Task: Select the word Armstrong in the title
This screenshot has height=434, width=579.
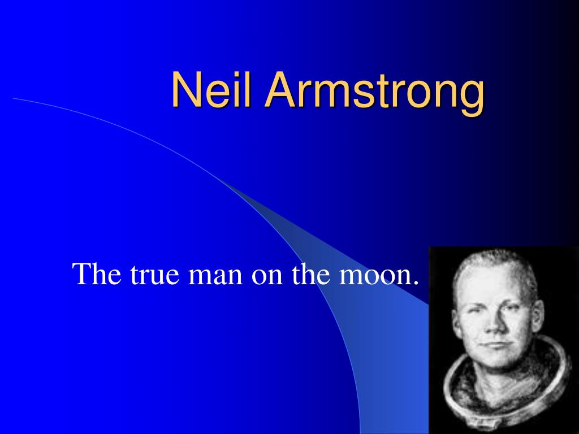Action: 374,94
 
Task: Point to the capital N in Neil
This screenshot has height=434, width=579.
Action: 185,89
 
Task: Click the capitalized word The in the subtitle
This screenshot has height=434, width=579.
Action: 97,274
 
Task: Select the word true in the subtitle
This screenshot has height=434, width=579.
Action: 155,276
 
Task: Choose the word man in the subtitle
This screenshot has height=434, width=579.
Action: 215,277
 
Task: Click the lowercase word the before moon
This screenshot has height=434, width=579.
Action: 311,274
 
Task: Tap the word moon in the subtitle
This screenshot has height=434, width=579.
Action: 375,277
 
